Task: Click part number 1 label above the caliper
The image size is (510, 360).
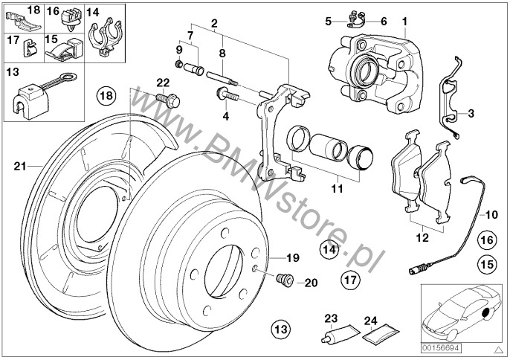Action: [x=406, y=21]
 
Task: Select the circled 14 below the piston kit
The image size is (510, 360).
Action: [x=329, y=250]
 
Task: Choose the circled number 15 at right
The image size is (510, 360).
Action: [x=486, y=263]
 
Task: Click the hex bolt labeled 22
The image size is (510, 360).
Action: [x=163, y=97]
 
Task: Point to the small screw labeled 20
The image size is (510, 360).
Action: [x=283, y=280]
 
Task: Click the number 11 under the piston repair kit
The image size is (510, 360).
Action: [x=337, y=189]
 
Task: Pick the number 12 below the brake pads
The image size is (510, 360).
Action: [x=422, y=239]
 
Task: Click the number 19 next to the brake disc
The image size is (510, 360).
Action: [x=292, y=258]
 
